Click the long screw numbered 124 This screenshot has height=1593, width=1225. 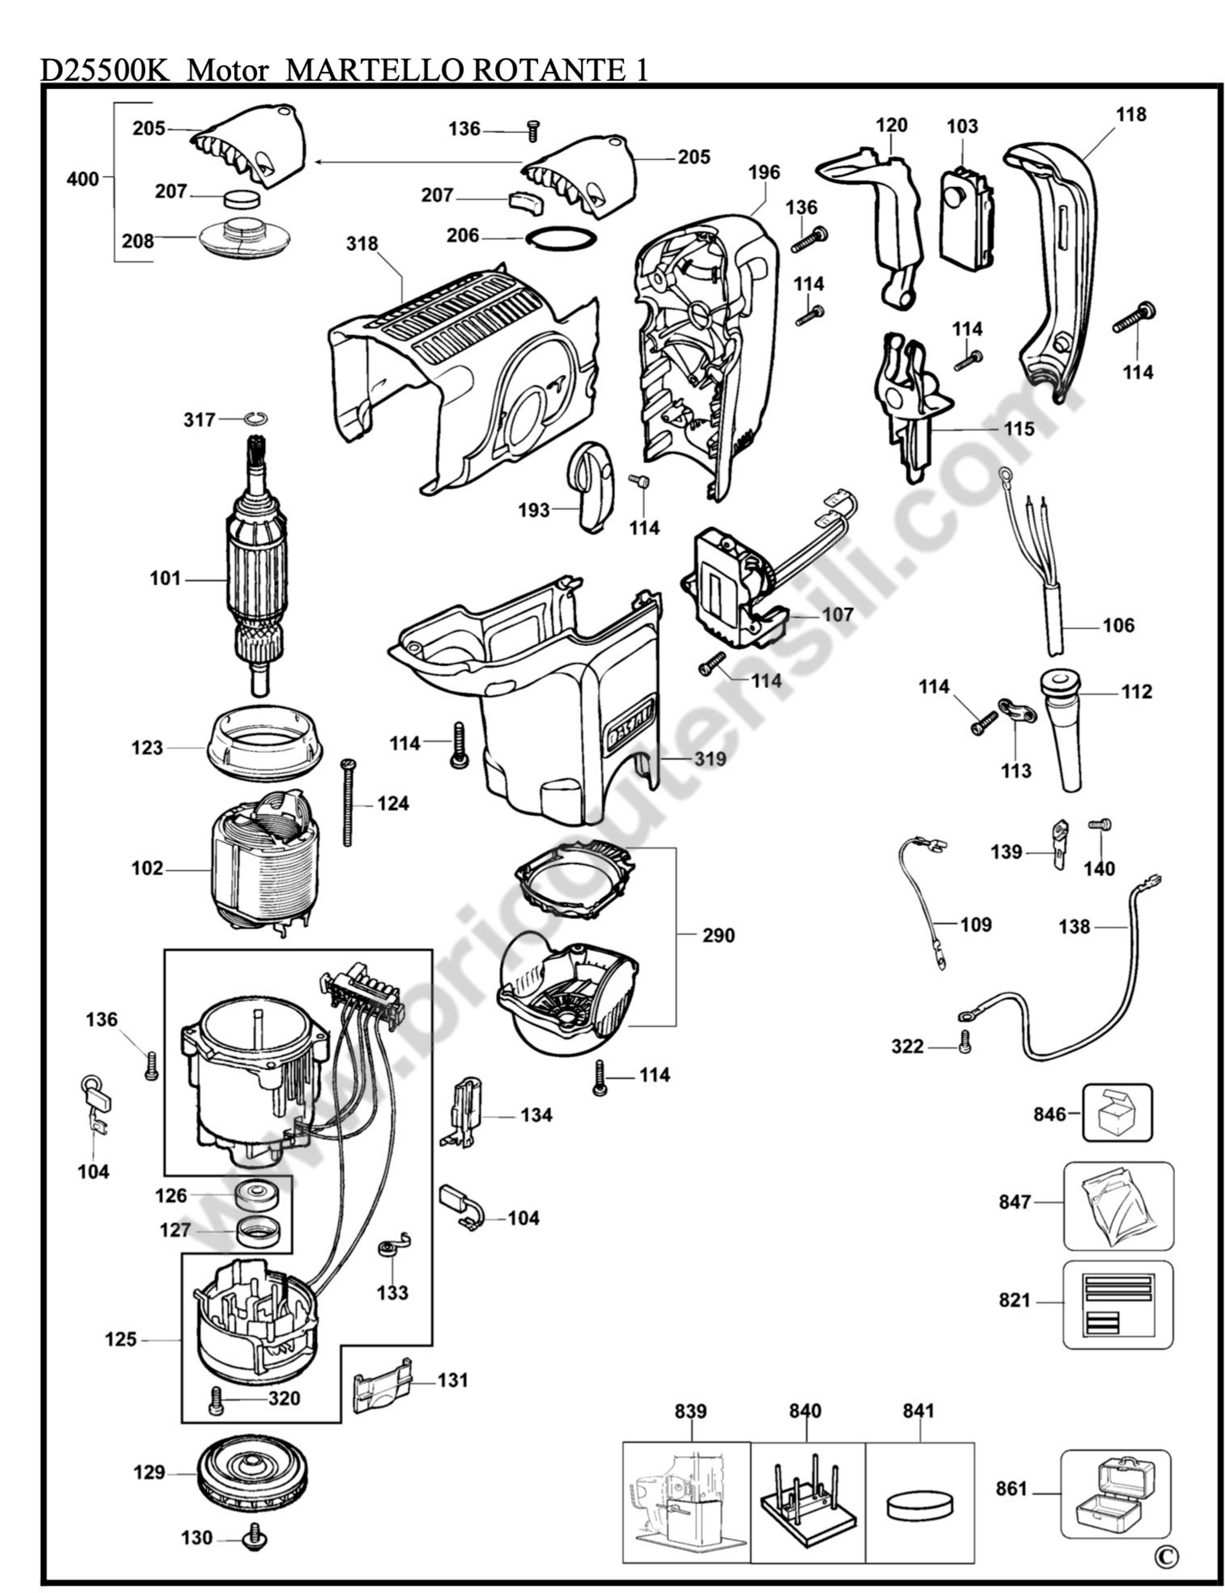pos(348,802)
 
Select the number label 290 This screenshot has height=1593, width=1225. pos(718,935)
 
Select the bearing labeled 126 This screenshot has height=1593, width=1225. pos(255,1195)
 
